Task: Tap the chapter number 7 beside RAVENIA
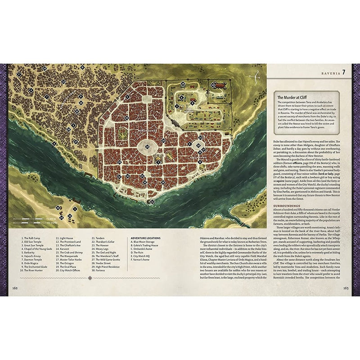click(343, 72)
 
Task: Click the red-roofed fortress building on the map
click(220, 84)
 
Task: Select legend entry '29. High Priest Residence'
click(108, 266)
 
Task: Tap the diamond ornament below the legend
click(90, 278)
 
